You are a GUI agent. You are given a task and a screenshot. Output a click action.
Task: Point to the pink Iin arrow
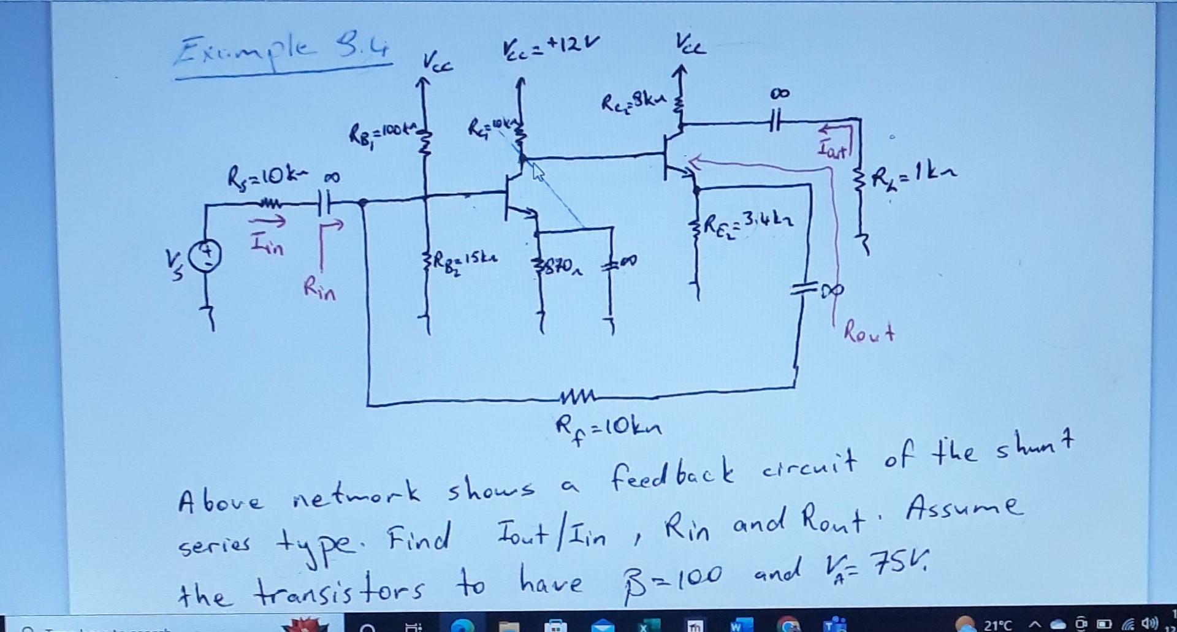(268, 222)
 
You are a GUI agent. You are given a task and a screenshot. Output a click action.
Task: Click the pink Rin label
(319, 289)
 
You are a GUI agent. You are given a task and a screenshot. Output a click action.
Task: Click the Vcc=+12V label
(549, 45)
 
